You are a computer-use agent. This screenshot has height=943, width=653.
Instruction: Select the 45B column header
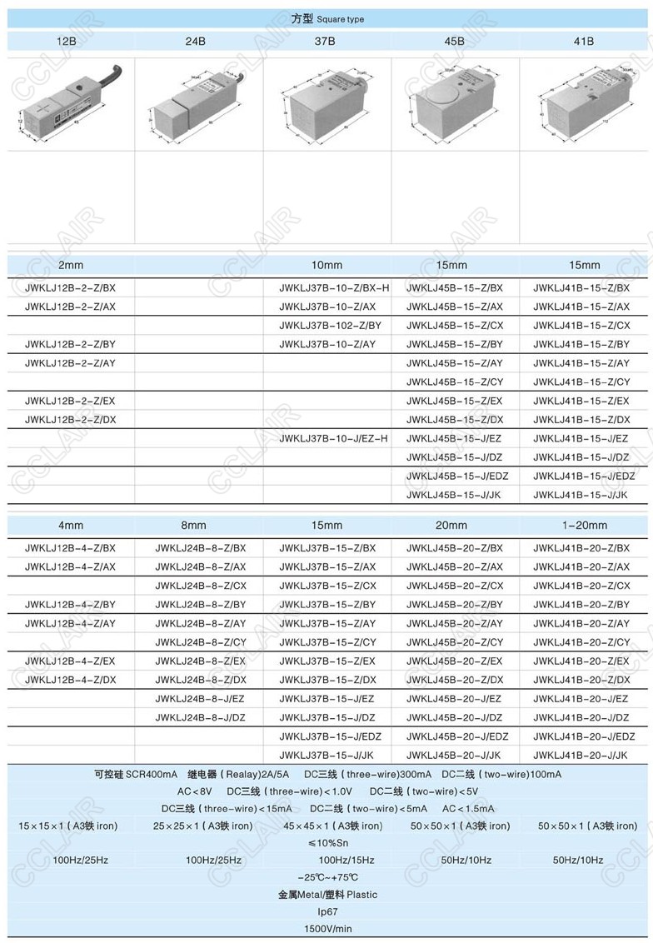[x=454, y=40]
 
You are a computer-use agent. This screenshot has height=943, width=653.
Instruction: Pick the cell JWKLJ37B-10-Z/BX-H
[x=334, y=288]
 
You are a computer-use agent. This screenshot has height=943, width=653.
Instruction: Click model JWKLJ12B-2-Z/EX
[x=70, y=401]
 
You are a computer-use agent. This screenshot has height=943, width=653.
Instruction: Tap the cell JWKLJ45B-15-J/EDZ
[x=457, y=476]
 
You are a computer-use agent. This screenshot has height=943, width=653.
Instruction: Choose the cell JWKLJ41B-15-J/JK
[x=581, y=495]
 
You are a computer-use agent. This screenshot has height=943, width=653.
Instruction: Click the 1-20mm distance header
[x=585, y=526]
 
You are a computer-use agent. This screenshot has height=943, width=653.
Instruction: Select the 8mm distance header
[x=193, y=526]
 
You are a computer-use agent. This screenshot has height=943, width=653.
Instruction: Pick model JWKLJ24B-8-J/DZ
[x=200, y=717]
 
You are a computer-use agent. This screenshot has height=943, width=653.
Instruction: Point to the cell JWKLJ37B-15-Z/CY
[x=327, y=642]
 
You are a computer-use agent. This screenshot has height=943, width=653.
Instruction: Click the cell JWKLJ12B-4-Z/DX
[x=70, y=680]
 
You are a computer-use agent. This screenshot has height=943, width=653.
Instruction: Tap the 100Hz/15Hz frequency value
[x=346, y=860]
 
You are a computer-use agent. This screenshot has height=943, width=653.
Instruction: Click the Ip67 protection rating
[x=327, y=912]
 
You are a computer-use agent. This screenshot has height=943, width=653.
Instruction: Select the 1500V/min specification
[x=327, y=929]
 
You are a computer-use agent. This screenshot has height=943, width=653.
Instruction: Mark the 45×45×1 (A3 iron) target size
[x=333, y=826]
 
